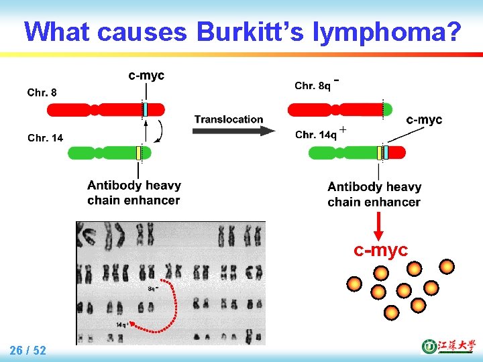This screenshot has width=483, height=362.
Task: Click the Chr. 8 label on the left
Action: (42, 93)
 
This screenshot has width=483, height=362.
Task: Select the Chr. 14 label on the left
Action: (45, 138)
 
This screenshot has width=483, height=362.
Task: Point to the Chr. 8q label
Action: (313, 85)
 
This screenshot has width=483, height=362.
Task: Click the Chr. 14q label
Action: (315, 135)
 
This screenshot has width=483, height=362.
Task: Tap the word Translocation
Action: (229, 119)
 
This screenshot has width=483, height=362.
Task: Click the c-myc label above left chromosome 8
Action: (146, 75)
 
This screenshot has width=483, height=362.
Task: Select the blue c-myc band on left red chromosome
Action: (144, 109)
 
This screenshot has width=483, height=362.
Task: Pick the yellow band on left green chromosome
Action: (138, 154)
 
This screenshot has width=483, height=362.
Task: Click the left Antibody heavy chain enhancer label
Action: (133, 192)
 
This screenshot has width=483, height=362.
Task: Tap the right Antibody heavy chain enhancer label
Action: (374, 194)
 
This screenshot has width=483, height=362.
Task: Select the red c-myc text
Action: (380, 250)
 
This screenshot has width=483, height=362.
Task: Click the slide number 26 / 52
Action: (28, 350)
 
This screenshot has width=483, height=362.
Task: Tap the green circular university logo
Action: (429, 347)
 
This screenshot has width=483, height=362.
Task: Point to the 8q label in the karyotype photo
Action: (153, 288)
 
